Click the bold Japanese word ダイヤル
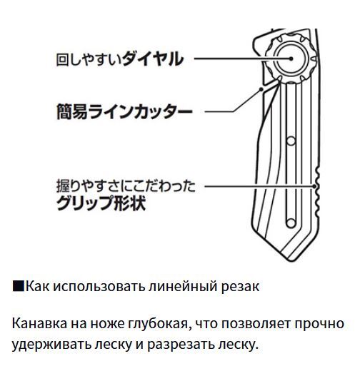153,59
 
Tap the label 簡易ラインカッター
124,112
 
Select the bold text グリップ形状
101,203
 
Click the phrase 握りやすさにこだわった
126,186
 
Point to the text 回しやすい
89,59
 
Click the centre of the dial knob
291,59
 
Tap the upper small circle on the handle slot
291,141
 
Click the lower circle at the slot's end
291,223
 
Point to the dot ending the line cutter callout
261,89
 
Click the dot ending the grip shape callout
314,186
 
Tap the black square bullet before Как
19,286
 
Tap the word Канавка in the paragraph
39,323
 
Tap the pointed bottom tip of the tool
289,260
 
